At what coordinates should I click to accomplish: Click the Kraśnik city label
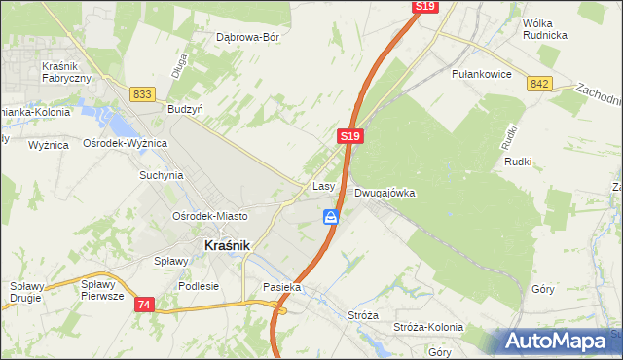[227, 246]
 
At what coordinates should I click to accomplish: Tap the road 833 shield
[143, 93]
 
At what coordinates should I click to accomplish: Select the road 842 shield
[540, 85]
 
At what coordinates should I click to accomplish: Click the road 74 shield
[144, 305]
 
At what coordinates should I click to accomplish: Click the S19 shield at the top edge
[424, 6]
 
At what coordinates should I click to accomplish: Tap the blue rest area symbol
[332, 217]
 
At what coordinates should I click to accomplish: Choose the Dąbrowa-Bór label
[247, 38]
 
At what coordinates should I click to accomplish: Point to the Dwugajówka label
[385, 193]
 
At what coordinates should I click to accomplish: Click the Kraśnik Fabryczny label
[66, 71]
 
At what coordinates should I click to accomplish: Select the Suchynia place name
[161, 176]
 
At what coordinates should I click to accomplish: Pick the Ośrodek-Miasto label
[209, 216]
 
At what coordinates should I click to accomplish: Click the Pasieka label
[282, 288]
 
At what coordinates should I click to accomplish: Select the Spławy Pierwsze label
[102, 290]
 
